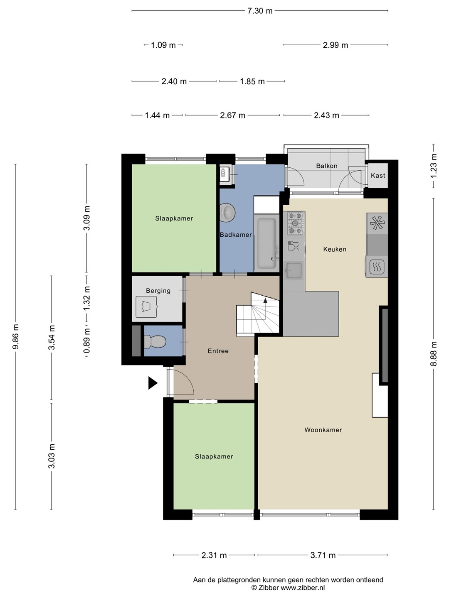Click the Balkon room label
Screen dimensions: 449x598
(x=327, y=166)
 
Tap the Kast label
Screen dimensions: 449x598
(x=378, y=175)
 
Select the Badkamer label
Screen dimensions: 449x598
(x=236, y=235)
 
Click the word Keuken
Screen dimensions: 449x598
(x=335, y=249)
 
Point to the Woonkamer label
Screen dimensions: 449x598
(x=323, y=430)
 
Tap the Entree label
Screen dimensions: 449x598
(x=218, y=351)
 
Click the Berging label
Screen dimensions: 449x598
(x=158, y=291)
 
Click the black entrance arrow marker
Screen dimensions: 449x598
(x=153, y=383)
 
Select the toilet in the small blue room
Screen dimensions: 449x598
(x=155, y=341)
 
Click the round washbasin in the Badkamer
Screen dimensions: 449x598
(x=227, y=211)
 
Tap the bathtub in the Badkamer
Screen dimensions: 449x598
(x=266, y=243)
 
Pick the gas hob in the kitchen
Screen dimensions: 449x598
(x=296, y=223)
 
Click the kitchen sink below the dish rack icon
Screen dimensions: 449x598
(x=294, y=270)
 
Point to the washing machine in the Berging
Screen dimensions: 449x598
(x=147, y=306)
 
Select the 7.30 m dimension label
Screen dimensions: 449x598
(x=260, y=11)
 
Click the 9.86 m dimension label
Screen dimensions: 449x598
(x=15, y=337)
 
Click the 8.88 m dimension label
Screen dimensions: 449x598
(x=434, y=354)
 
